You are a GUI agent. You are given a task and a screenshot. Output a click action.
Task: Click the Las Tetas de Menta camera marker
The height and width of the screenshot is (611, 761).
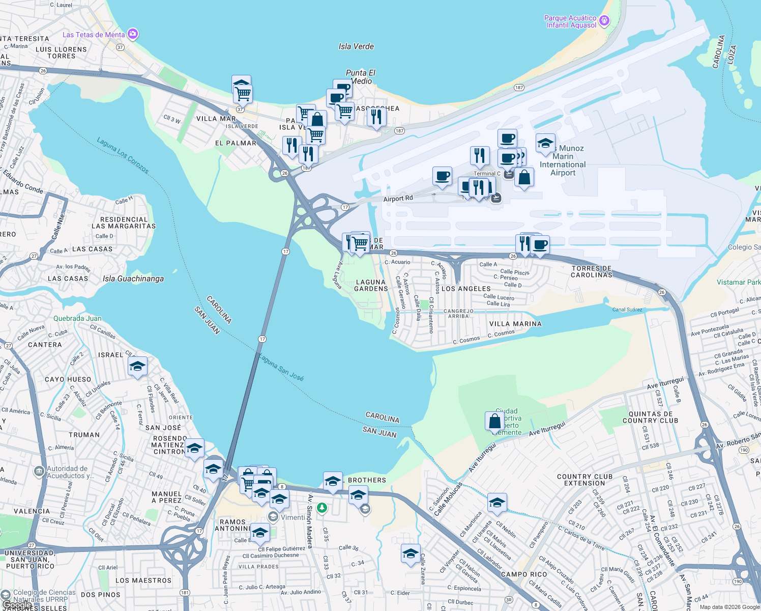pos(133,34)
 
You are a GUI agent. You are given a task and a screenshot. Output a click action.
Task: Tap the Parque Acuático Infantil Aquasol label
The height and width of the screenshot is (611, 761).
pos(571,21)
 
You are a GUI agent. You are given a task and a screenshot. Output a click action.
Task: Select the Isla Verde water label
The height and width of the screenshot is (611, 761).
pos(356,46)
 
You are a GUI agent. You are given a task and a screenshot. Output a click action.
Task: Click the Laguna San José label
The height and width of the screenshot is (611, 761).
pos(281,367)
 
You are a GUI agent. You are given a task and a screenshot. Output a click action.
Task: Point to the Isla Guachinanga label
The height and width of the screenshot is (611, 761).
pos(133,279)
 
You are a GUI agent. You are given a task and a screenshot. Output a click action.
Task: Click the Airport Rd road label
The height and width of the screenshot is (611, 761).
pos(398,199)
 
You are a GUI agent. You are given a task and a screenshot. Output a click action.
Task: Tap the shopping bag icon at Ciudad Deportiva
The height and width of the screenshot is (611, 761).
pos(494,421)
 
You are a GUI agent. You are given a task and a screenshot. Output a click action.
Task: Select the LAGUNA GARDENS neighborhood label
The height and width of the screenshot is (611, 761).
pos(371,285)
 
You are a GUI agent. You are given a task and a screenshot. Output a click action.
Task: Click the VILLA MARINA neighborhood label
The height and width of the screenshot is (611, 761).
pos(515,324)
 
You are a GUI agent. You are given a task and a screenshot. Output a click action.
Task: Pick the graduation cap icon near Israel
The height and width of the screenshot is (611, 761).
pos(137,366)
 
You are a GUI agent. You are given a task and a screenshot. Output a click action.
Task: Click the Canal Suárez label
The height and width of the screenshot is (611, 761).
pos(627,310)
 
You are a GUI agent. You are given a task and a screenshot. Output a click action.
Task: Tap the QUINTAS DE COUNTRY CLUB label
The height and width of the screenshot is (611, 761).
pos(650,417)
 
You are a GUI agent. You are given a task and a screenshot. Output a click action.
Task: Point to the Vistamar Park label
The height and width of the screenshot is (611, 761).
pos(738,282)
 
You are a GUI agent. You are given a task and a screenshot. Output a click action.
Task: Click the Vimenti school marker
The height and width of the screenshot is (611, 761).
pos(273,517)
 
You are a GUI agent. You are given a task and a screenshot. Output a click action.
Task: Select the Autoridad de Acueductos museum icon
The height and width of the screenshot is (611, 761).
pos(39,471)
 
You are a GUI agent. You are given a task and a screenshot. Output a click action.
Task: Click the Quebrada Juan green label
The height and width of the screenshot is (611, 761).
pos(77,318)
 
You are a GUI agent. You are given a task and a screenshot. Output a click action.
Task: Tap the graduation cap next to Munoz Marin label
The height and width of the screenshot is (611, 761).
pos(545,143)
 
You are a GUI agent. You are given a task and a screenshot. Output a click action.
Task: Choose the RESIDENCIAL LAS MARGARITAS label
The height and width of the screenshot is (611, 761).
pos(124,223)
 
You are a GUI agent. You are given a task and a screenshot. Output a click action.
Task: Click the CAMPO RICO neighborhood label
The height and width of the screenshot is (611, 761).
pos(524,574)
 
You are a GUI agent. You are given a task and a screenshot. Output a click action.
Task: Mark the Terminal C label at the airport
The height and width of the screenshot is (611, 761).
pos(487,174)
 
